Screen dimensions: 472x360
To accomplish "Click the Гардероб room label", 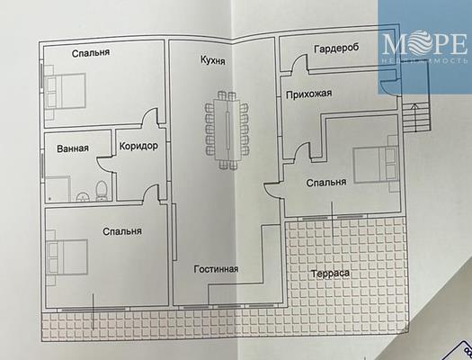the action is pyautogui.click(x=336, y=49).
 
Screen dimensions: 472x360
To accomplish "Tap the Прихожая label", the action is pyautogui.click(x=309, y=94).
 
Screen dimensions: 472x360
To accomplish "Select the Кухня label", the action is pyautogui.click(x=213, y=60).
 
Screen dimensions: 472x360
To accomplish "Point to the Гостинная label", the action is pyautogui.click(x=216, y=269).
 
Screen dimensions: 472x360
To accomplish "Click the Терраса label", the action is pyautogui.click(x=330, y=274).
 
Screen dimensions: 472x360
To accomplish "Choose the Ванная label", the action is pyautogui.click(x=73, y=148).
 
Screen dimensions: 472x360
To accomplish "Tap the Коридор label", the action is pyautogui.click(x=138, y=146).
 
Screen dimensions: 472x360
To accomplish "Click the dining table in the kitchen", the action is pyautogui.click(x=227, y=130).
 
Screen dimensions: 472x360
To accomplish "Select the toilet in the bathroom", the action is pyautogui.click(x=102, y=191).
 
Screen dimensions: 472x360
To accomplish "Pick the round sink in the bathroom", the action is pyautogui.click(x=83, y=197).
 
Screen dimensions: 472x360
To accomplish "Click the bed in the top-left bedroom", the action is pyautogui.click(x=65, y=91).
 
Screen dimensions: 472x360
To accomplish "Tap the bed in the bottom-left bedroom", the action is pyautogui.click(x=67, y=257).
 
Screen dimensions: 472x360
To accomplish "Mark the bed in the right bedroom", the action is pyautogui.click(x=376, y=165).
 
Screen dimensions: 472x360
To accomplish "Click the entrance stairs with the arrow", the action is pyautogui.click(x=415, y=117).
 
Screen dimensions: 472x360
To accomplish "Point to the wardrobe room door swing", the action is pyautogui.click(x=300, y=63).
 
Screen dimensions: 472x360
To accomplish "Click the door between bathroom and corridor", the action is pyautogui.click(x=104, y=164).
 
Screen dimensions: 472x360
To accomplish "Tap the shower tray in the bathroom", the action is pyautogui.click(x=58, y=189).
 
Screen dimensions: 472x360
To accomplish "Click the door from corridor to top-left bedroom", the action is pyautogui.click(x=150, y=117).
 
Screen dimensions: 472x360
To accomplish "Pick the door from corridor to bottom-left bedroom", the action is pyautogui.click(x=151, y=193).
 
